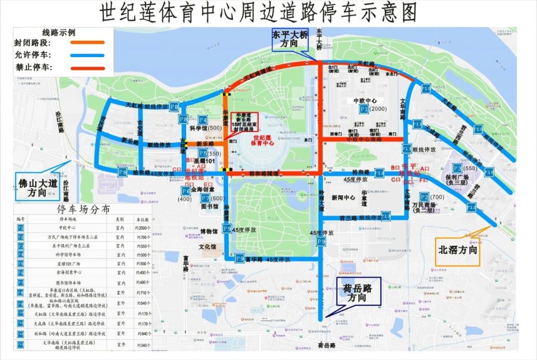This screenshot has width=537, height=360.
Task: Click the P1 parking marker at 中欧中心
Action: (x=364, y=109)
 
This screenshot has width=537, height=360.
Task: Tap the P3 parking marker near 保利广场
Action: (x=458, y=168)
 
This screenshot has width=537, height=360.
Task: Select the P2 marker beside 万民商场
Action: (x=425, y=197)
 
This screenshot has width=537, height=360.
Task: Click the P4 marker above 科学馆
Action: (x=202, y=120)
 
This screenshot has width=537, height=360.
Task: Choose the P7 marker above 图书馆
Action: (x=205, y=198)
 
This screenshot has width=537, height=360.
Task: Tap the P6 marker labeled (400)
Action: (x=186, y=191)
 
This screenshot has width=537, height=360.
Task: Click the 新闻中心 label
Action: (x=342, y=198)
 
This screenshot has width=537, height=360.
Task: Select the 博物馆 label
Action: (x=208, y=231)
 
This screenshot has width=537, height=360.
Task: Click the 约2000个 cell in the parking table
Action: (x=144, y=228)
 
